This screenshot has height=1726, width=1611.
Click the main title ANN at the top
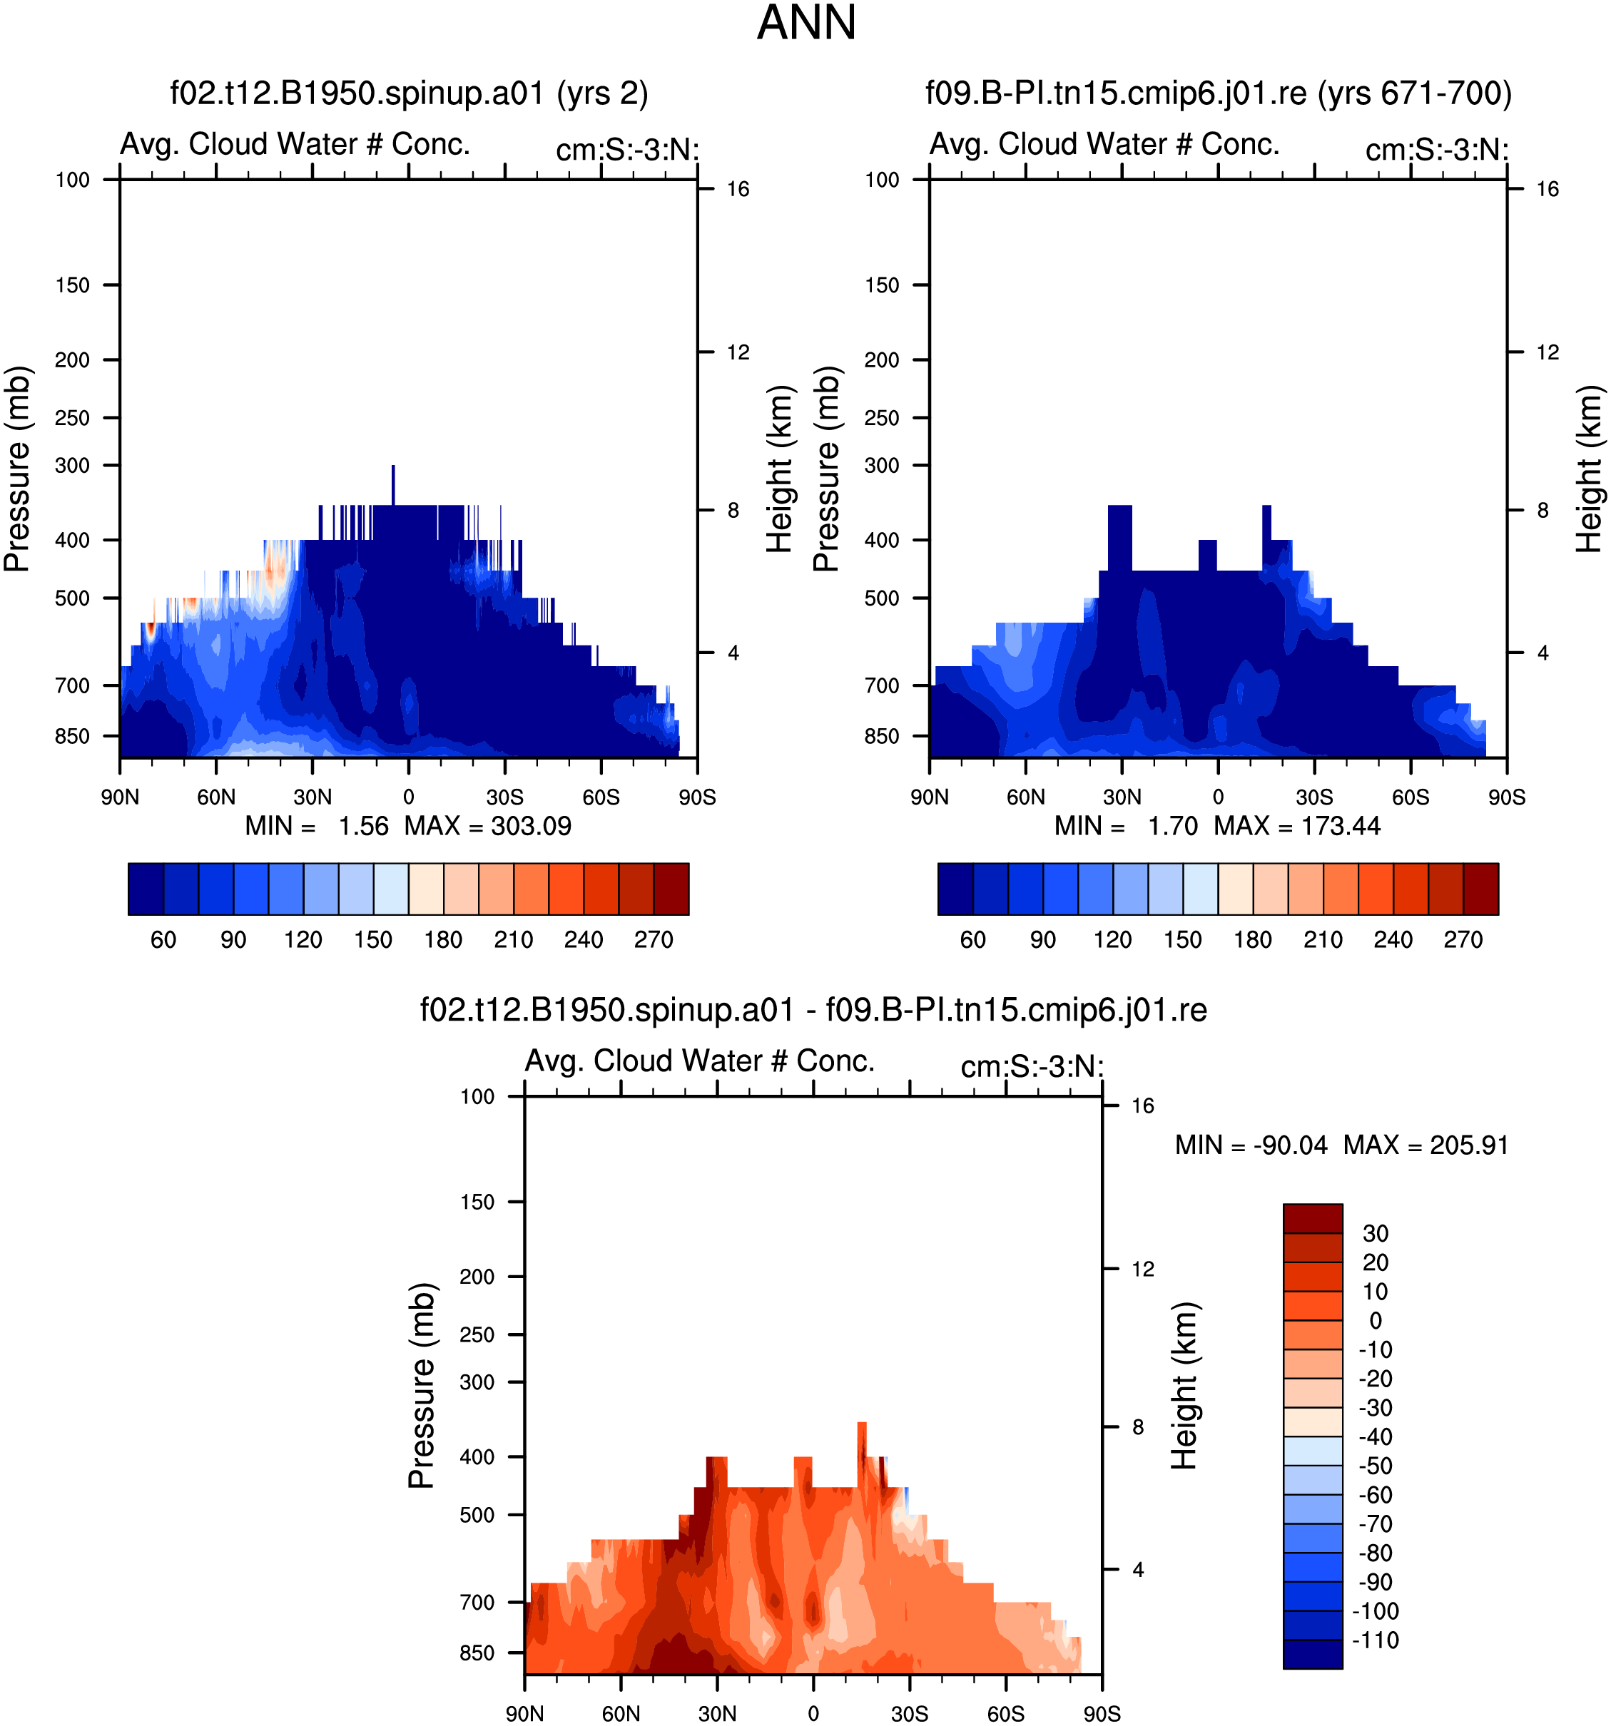806,23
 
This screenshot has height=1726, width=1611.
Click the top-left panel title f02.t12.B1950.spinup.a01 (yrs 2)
409,93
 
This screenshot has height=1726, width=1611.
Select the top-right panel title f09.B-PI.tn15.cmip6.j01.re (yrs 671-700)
1219,93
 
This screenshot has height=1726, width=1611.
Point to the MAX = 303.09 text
487,826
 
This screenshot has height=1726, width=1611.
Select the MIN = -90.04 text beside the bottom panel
1251,1145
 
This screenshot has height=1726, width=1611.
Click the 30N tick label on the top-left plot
312,797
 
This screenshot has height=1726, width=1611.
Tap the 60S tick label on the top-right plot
1411,797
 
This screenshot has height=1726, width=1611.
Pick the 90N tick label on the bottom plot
524,1714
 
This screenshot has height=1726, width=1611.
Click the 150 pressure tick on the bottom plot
477,1202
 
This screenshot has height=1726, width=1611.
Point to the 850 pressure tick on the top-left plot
72,736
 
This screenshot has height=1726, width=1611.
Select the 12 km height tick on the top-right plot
1548,352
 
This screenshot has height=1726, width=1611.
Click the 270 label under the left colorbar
653,939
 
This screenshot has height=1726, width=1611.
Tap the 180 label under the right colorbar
1252,939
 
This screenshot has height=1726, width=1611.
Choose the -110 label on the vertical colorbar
1376,1640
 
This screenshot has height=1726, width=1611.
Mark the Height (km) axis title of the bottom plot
1184,1386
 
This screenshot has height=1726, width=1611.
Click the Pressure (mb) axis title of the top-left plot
16,469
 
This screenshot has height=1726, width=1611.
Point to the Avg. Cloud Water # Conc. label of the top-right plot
1104,143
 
